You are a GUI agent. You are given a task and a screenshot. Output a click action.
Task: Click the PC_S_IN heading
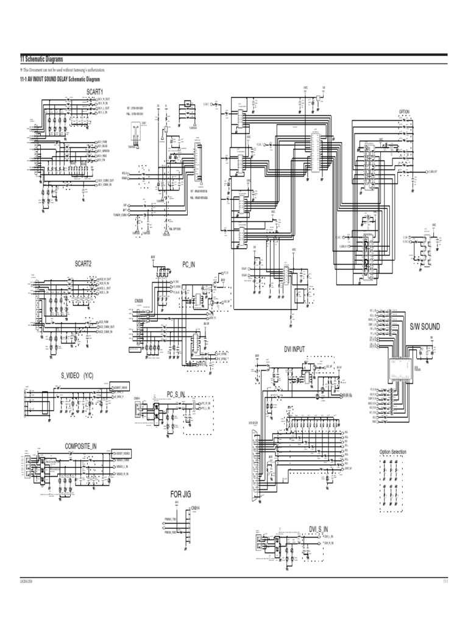pyautogui.click(x=175, y=394)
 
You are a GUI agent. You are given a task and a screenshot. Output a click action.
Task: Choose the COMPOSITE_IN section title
pyautogui.click(x=81, y=447)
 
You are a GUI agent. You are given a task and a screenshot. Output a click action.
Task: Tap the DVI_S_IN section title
pyautogui.click(x=318, y=528)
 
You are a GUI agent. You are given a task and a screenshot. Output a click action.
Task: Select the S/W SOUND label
pyautogui.click(x=425, y=327)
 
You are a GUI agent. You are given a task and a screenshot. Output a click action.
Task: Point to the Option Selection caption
pyautogui.click(x=392, y=452)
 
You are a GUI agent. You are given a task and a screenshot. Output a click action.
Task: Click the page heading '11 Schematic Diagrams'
pyautogui.click(x=41, y=58)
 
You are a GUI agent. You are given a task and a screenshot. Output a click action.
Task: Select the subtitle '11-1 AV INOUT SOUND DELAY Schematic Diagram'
pyautogui.click(x=60, y=80)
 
